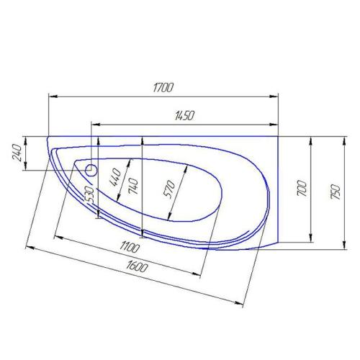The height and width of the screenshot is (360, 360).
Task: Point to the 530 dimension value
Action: (x=89, y=193)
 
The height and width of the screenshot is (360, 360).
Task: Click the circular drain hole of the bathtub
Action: (x=91, y=171)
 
